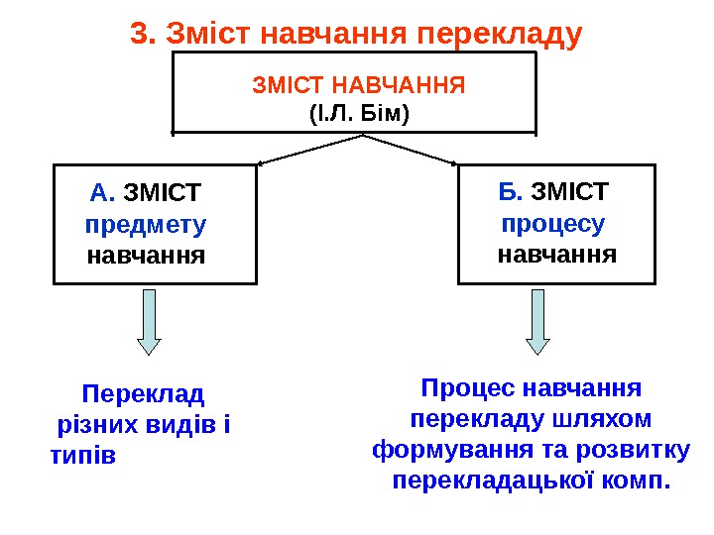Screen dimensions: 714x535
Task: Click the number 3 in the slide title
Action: (x=138, y=35)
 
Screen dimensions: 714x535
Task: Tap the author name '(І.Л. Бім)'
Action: (x=359, y=113)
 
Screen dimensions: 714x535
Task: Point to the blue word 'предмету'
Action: (x=147, y=225)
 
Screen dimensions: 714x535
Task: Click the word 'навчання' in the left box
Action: (x=147, y=257)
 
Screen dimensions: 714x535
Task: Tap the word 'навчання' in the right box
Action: (x=557, y=255)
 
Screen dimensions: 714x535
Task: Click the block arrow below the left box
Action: (x=149, y=322)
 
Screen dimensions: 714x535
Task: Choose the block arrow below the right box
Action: (x=537, y=322)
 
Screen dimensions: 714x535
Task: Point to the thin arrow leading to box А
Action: (x=307, y=149)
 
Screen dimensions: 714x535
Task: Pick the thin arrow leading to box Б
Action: (x=412, y=149)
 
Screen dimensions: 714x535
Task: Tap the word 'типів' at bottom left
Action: (x=81, y=457)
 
